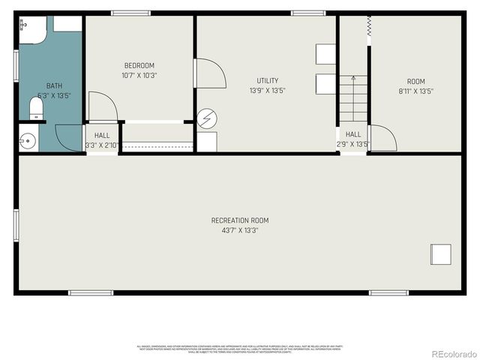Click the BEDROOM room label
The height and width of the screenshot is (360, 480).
[139, 65]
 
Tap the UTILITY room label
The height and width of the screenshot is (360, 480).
[267, 80]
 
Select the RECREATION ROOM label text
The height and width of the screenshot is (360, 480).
[239, 220]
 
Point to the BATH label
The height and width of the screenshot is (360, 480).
[54, 85]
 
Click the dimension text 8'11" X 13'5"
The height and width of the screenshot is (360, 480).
[415, 91]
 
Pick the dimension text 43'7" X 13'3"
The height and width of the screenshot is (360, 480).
[239, 230]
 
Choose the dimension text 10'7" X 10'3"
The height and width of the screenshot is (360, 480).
[139, 75]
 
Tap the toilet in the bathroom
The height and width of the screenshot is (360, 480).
[35, 109]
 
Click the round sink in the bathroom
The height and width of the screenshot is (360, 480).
[28, 140]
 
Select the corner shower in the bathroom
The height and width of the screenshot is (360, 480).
[31, 28]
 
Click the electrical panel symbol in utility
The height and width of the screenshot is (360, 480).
[206, 120]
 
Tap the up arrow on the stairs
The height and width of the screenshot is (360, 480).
[352, 79]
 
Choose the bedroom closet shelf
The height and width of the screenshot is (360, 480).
[157, 143]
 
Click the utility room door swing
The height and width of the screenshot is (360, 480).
[209, 74]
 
